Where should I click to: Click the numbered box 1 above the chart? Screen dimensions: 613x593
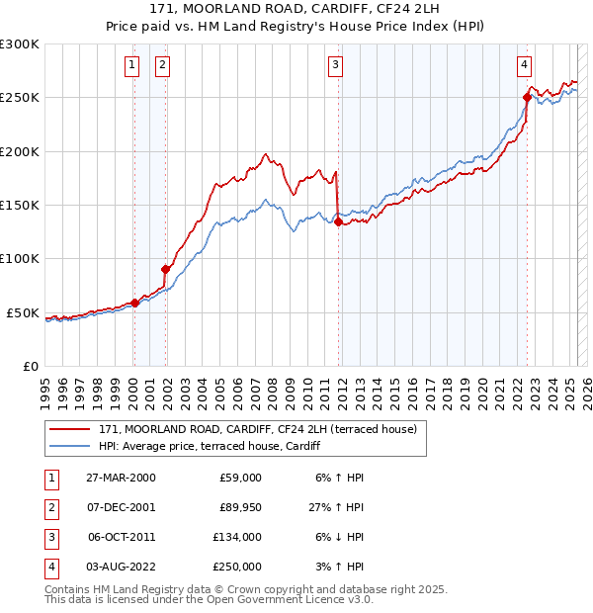[x=132, y=65]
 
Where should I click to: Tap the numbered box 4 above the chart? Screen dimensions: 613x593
[x=524, y=65]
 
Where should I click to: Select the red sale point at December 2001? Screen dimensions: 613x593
[x=166, y=269]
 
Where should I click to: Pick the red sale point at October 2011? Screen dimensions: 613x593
[x=338, y=222]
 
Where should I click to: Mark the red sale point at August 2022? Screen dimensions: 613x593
[x=527, y=97]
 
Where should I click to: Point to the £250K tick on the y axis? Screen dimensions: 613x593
[x=23, y=98]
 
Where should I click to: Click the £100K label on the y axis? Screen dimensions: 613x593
[x=23, y=259]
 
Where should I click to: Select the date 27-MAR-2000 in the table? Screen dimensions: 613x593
[x=121, y=478]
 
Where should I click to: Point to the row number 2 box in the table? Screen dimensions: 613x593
[x=49, y=507]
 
